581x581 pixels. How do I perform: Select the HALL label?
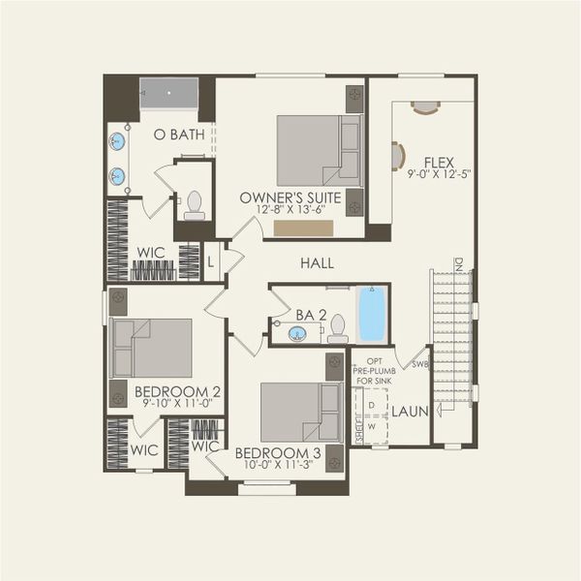click(x=317, y=262)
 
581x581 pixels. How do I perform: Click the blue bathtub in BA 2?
click(x=371, y=314)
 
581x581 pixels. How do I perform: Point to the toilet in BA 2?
click(x=338, y=328)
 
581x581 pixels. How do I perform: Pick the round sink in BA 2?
click(x=298, y=334)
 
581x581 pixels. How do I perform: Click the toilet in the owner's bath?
click(x=195, y=204)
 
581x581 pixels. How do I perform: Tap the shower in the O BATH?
click(x=168, y=98)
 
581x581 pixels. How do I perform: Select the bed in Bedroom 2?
click(x=150, y=347)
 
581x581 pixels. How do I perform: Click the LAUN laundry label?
click(x=410, y=412)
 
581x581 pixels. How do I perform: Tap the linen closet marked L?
click(x=211, y=261)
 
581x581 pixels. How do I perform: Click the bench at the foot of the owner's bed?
click(x=303, y=228)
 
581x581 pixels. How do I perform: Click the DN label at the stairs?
click(x=460, y=262)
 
